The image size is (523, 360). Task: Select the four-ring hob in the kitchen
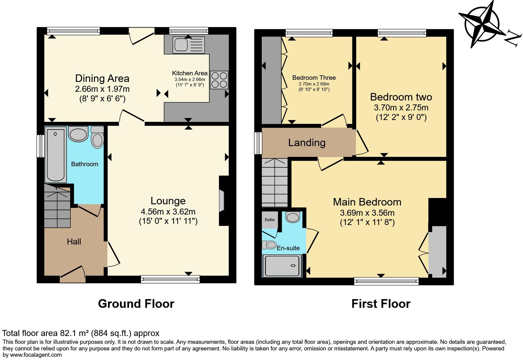pyautogui.click(x=219, y=80)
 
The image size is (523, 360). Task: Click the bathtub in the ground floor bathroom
pyautogui.click(x=56, y=155)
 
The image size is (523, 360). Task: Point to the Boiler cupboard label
pyautogui.click(x=270, y=220)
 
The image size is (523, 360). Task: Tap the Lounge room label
pyautogui.click(x=168, y=201)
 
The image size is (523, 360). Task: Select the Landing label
pyautogui.click(x=307, y=142)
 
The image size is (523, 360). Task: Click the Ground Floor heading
pyautogui.click(x=136, y=304)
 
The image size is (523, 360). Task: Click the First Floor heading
pyautogui.click(x=381, y=304)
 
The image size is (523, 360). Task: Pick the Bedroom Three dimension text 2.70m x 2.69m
pyautogui.click(x=314, y=84)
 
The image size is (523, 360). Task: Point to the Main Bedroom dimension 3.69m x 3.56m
pyautogui.click(x=367, y=213)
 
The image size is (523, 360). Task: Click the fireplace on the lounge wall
pyautogui.click(x=223, y=200)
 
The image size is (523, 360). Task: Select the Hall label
pyautogui.click(x=74, y=241)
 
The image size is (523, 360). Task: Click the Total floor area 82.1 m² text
pyautogui.click(x=81, y=333)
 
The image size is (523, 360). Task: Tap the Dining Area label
pyautogui.click(x=102, y=78)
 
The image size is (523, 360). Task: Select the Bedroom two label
pyautogui.click(x=401, y=97)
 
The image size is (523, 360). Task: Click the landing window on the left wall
pyautogui.click(x=258, y=143)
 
